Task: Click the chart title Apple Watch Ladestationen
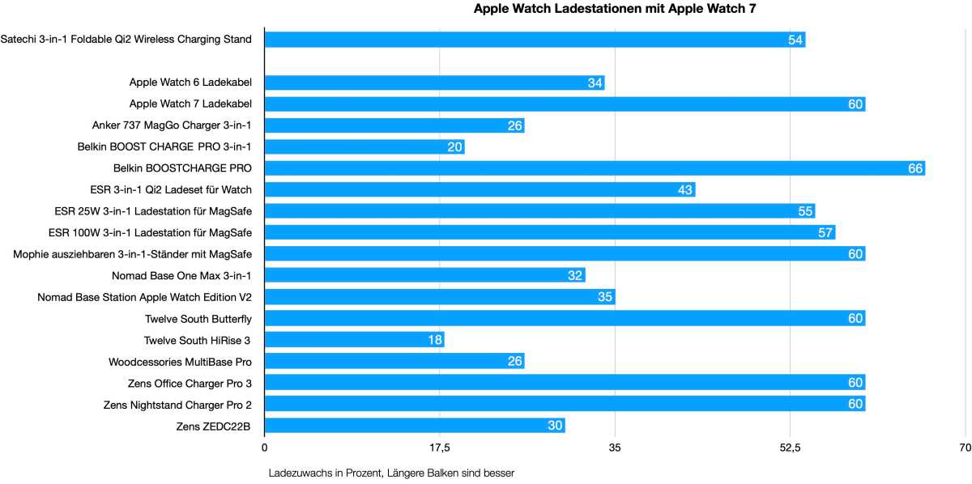[614, 9]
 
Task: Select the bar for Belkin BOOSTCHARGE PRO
[594, 168]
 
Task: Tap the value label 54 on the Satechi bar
[795, 40]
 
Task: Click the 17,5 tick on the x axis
[439, 448]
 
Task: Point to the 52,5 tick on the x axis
[790, 448]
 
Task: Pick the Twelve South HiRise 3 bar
[354, 340]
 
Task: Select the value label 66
[915, 168]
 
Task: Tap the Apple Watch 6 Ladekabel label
[190, 83]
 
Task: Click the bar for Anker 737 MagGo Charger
[394, 125]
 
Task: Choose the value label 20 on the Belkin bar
[454, 147]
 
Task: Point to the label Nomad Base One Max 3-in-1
[181, 275]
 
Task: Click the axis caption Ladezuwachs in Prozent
[391, 473]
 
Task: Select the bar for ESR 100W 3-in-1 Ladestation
[549, 232]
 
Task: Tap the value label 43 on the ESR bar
[685, 190]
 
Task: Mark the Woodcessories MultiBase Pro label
[180, 361]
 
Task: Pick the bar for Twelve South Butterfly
[565, 318]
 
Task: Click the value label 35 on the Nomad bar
[605, 297]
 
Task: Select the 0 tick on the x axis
[265, 448]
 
